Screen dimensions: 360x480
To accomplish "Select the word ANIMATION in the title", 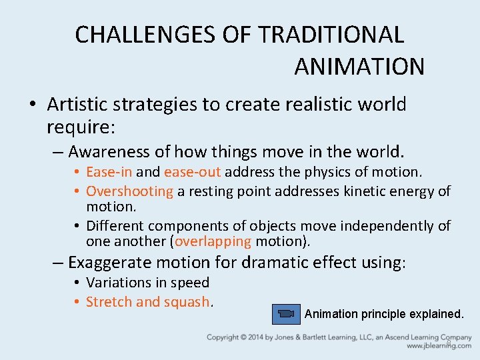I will click(x=359, y=67).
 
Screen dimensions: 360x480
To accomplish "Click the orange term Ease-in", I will click(x=109, y=173).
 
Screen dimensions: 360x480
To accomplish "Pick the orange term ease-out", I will click(x=193, y=173).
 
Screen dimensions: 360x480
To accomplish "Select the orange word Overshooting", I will click(x=129, y=191).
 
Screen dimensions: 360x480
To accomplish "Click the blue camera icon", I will click(x=285, y=313).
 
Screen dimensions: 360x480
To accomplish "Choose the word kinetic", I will click(x=365, y=191).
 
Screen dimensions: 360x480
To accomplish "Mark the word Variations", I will click(x=117, y=283).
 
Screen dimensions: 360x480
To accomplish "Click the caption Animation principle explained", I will click(x=383, y=313).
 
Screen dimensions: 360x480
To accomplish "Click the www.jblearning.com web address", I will click(x=439, y=346).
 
